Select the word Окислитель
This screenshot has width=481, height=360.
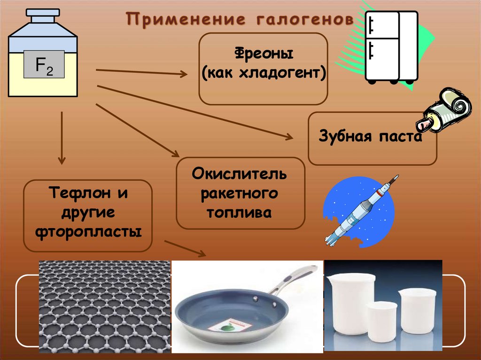point(240,175)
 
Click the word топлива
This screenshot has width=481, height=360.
point(240,212)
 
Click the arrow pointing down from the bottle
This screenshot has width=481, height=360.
point(62,138)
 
